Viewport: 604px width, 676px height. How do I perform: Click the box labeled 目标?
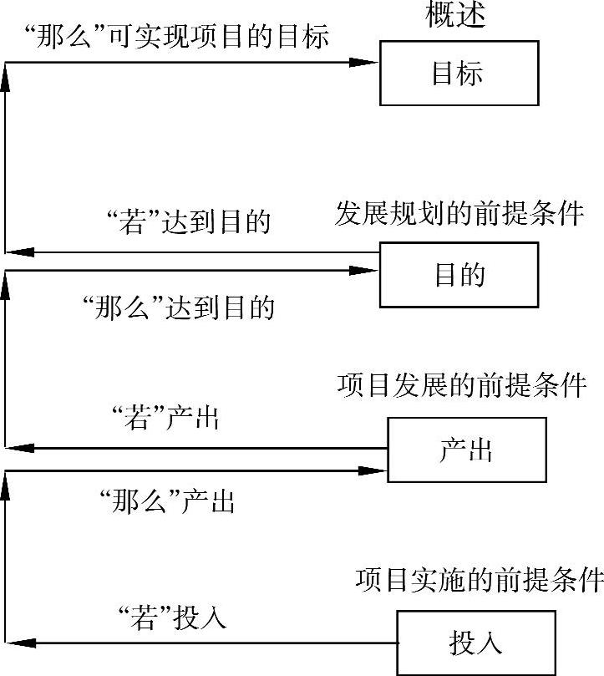(459, 74)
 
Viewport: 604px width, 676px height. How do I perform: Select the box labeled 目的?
(459, 275)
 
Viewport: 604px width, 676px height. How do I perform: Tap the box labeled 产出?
(466, 450)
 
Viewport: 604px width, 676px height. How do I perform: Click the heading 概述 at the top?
(456, 16)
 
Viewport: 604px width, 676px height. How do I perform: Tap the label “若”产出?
(164, 417)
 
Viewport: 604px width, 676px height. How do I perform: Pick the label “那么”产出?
(166, 501)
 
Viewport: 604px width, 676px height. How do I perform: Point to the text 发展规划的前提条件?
(459, 213)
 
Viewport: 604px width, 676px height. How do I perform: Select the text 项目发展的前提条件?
(462, 385)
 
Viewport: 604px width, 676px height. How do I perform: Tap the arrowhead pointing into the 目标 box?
(365, 62)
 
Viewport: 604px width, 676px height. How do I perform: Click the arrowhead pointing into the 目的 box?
(364, 270)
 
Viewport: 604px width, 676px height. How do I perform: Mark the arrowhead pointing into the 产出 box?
(372, 470)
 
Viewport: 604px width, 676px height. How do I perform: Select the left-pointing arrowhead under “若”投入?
(23, 643)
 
